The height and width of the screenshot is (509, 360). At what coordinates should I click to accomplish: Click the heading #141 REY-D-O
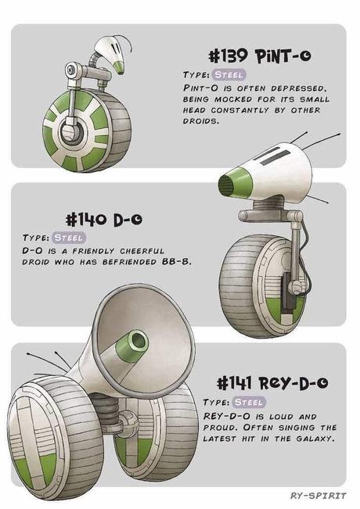click(x=271, y=382)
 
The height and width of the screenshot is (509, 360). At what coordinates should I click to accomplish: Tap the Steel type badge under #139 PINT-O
click(x=228, y=74)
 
